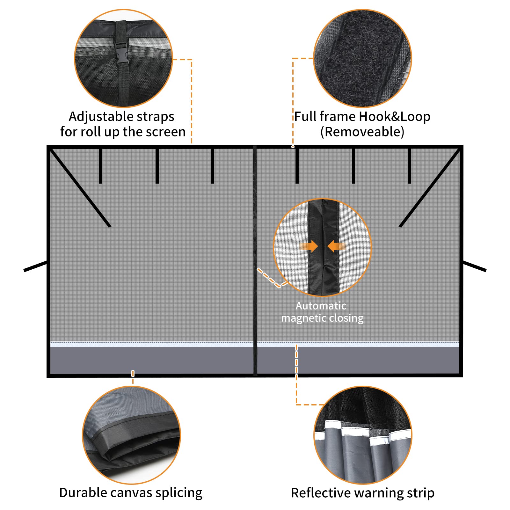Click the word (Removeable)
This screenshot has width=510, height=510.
(362, 132)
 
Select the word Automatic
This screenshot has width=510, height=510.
(321, 306)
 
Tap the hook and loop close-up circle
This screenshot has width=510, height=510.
(363, 59)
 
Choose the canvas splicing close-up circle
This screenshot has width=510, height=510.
(131, 435)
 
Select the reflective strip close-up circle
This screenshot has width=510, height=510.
(363, 435)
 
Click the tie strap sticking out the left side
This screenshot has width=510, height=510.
(35, 266)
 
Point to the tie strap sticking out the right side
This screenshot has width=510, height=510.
(475, 266)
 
